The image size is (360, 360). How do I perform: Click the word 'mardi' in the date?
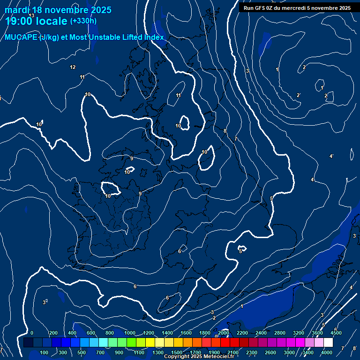pyautogui.click(x=16, y=10)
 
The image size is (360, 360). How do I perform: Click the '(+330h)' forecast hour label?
pyautogui.click(x=83, y=21)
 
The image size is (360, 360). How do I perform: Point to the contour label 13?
pyautogui.click(x=31, y=15)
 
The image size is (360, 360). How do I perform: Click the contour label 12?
pyautogui.click(x=73, y=67)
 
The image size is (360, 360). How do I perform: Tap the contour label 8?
pyautogui.click(x=225, y=131)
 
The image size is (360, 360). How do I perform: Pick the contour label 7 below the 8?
pyautogui.click(x=235, y=139)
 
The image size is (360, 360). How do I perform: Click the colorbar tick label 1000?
pyautogui.click(x=130, y=333)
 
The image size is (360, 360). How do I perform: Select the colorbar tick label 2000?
pyautogui.click(x=224, y=333)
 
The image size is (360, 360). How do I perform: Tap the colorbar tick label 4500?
pyautogui.click(x=336, y=333)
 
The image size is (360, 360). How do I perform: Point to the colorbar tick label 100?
pyautogui.click(x=45, y=352)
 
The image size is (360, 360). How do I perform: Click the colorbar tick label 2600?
pyautogui.click(x=270, y=352)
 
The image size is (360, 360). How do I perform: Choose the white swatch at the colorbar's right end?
pyautogui.click(x=328, y=343)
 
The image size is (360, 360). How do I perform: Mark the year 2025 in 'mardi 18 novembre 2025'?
pyautogui.click(x=101, y=10)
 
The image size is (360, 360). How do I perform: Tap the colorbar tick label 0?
pyautogui.click(x=31, y=333)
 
